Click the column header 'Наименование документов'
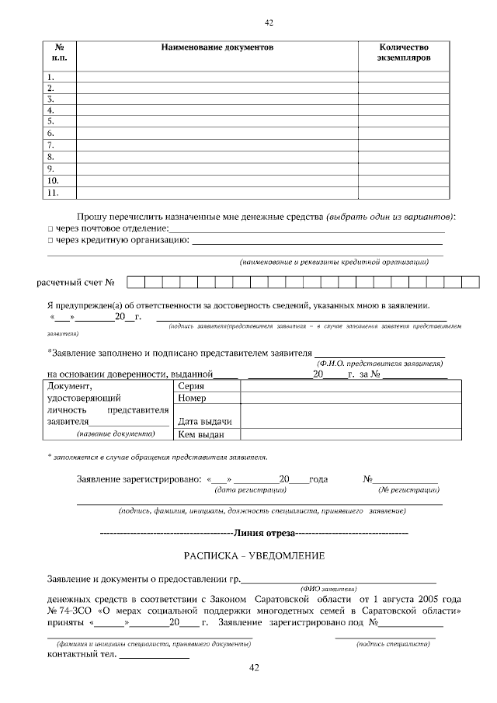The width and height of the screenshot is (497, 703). coord(217,47)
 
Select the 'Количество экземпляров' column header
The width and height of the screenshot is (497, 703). coord(403,53)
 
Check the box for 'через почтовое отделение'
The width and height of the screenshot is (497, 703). coord(50,228)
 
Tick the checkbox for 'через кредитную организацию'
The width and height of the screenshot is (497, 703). coord(50,241)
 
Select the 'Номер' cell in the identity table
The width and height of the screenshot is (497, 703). coord(192,398)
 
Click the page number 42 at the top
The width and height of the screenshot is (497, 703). coord(269,23)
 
